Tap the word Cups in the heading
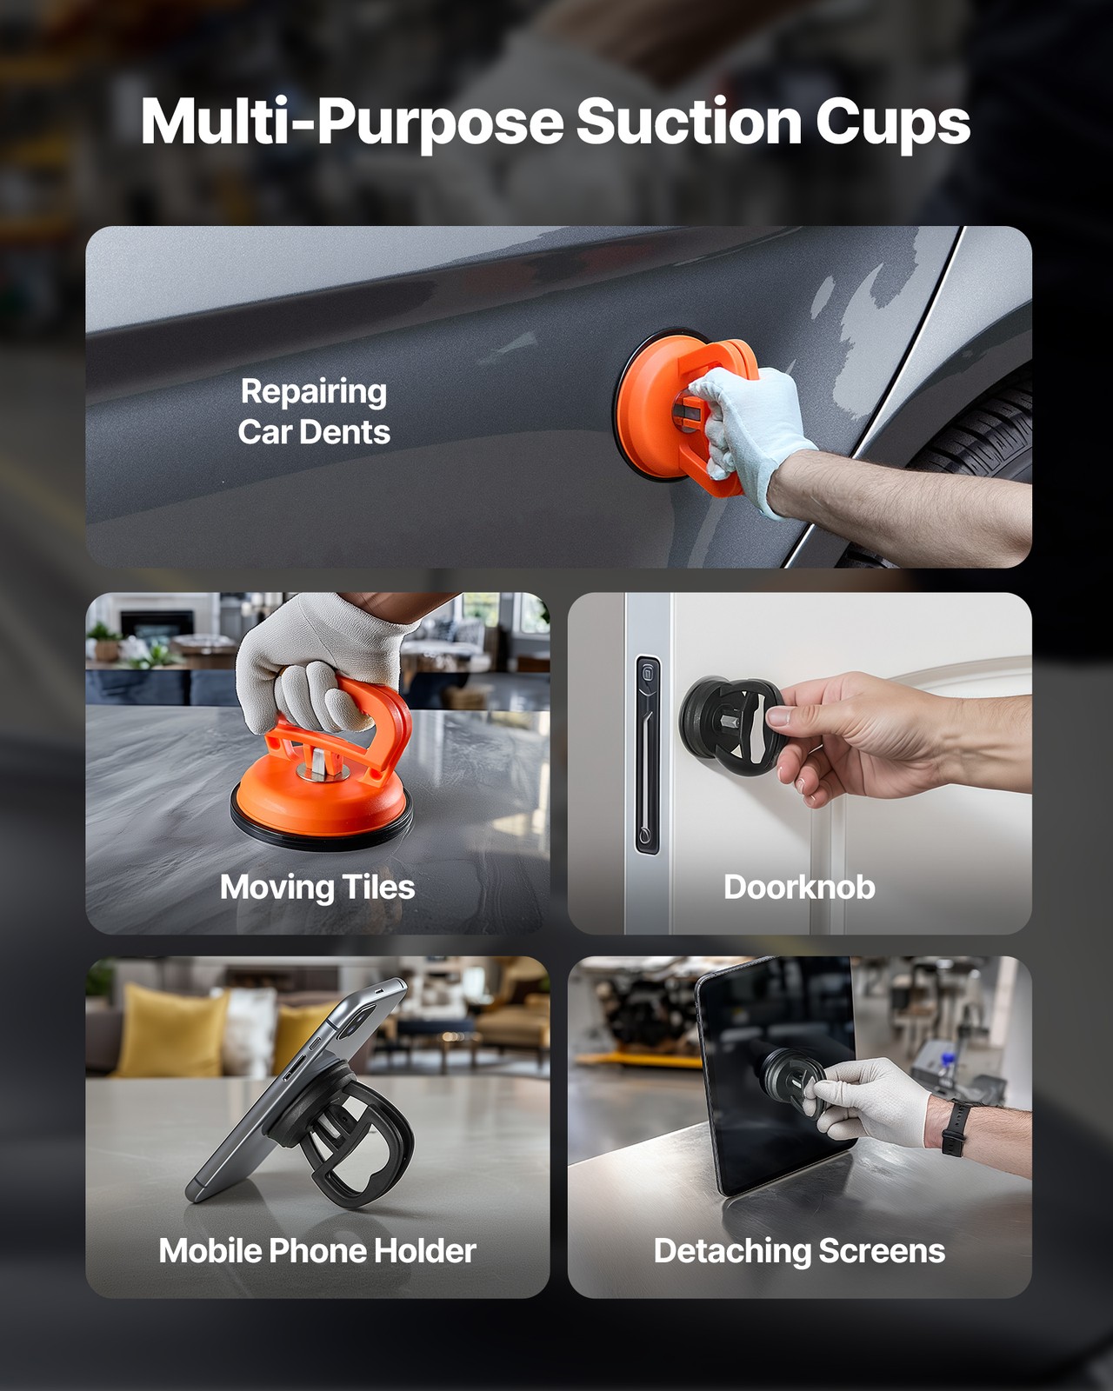(x=892, y=123)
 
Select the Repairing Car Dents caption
(x=314, y=411)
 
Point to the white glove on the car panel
(x=748, y=426)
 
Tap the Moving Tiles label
(x=317, y=888)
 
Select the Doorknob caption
(x=799, y=888)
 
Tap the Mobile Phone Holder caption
(x=317, y=1251)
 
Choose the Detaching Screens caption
(x=799, y=1251)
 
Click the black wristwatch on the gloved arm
(x=955, y=1127)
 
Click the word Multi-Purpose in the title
(x=352, y=122)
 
